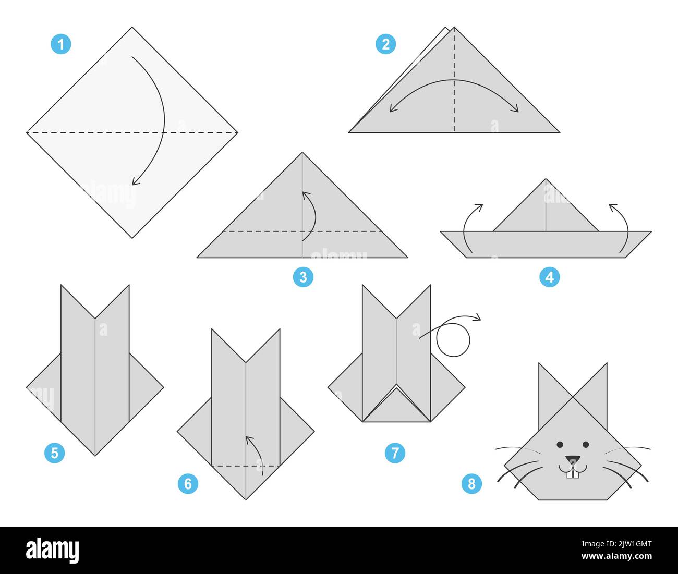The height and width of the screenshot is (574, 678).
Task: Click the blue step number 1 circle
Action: tap(61, 44)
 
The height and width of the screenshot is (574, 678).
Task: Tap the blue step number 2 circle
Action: tap(385, 44)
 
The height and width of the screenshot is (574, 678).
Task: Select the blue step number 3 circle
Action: tap(303, 277)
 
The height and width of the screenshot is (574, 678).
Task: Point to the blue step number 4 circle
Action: tap(549, 277)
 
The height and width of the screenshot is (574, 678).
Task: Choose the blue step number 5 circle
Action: tap(55, 453)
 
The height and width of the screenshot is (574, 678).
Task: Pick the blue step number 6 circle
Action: tap(188, 484)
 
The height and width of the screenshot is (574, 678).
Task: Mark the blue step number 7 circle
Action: tap(395, 453)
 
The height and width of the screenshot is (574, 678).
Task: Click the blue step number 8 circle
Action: tap(471, 484)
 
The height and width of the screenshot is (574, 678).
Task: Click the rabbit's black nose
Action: tap(573, 460)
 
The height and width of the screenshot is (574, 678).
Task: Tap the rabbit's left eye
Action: tap(560, 445)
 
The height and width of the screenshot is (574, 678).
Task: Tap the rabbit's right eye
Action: tap(586, 445)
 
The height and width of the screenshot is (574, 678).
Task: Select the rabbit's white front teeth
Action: tap(573, 473)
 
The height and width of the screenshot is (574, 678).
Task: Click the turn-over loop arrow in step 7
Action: tap(453, 339)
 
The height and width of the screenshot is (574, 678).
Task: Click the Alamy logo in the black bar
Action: tap(52, 551)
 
